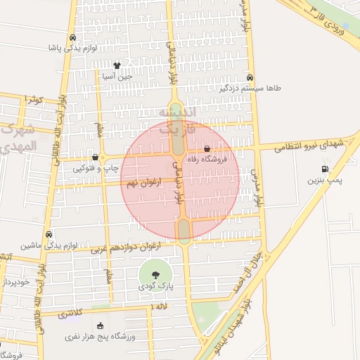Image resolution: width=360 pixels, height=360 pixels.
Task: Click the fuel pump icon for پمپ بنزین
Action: (x=324, y=169)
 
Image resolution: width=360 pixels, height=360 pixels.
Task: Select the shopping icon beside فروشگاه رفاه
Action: (x=207, y=149)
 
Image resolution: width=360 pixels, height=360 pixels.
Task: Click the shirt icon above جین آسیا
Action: (x=127, y=65)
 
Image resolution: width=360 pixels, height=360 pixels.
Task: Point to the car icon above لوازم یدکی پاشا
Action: (x=72, y=38)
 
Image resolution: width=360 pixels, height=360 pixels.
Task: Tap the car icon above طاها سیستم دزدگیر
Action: (x=250, y=78)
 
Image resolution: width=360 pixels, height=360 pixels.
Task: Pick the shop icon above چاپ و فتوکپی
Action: (x=95, y=157)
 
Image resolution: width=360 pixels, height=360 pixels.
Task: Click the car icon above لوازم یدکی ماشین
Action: (x=48, y=234)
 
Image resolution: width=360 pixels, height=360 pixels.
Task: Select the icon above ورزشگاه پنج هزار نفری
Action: (x=99, y=326)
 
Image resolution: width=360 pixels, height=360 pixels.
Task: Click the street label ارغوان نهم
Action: (x=143, y=182)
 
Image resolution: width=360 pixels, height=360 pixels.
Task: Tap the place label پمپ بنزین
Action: (x=324, y=181)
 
